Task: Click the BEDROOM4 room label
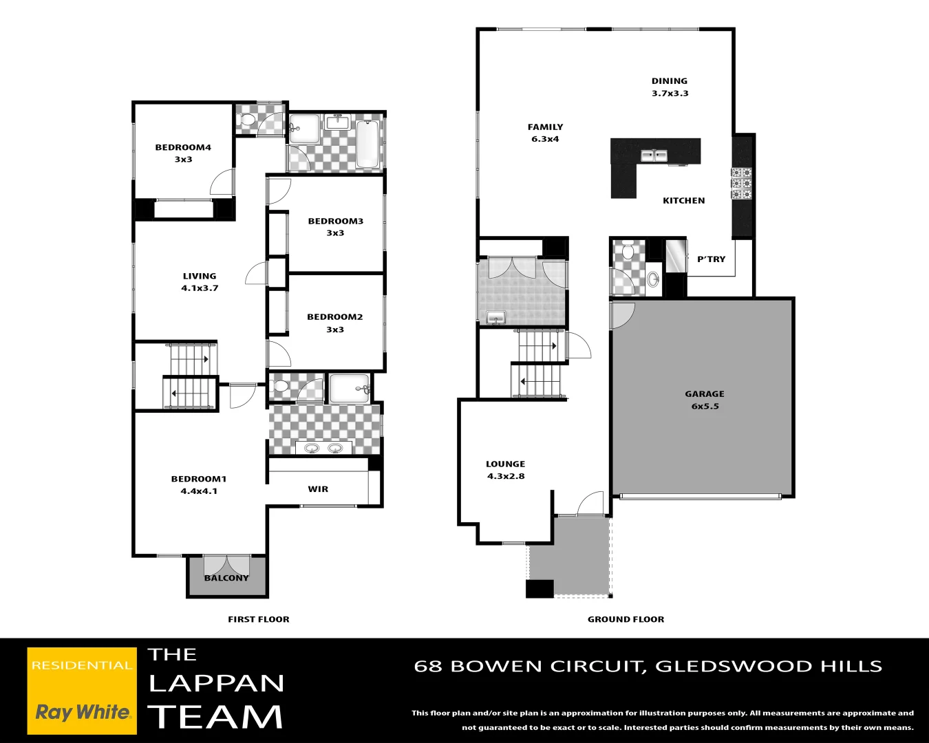(x=183, y=147)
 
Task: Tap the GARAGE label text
(x=704, y=394)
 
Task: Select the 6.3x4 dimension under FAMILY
(x=545, y=139)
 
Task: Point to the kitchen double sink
(x=654, y=155)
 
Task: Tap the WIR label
(x=318, y=489)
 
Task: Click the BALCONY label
(x=226, y=578)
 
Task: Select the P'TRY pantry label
(x=711, y=259)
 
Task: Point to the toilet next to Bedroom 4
(x=248, y=122)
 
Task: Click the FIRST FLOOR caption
(x=258, y=619)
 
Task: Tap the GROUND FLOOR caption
(x=626, y=619)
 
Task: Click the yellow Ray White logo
(x=82, y=691)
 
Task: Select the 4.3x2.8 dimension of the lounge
(x=506, y=476)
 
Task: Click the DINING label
(x=669, y=81)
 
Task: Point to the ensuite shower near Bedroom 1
(x=350, y=389)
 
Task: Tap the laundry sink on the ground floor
(x=495, y=317)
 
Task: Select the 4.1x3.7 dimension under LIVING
(x=200, y=288)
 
